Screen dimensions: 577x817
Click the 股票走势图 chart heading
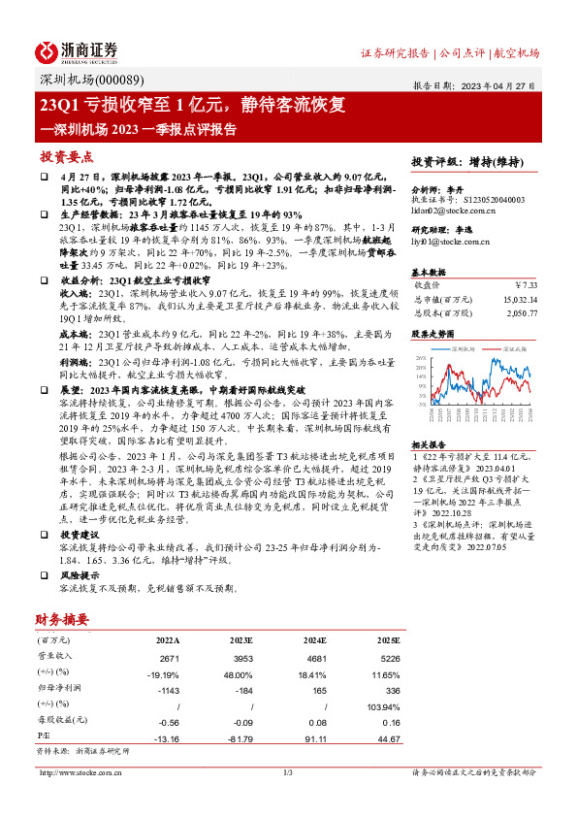point(433,332)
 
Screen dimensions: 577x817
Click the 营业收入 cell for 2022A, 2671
point(169,658)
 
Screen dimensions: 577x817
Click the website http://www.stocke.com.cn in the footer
point(81,772)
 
